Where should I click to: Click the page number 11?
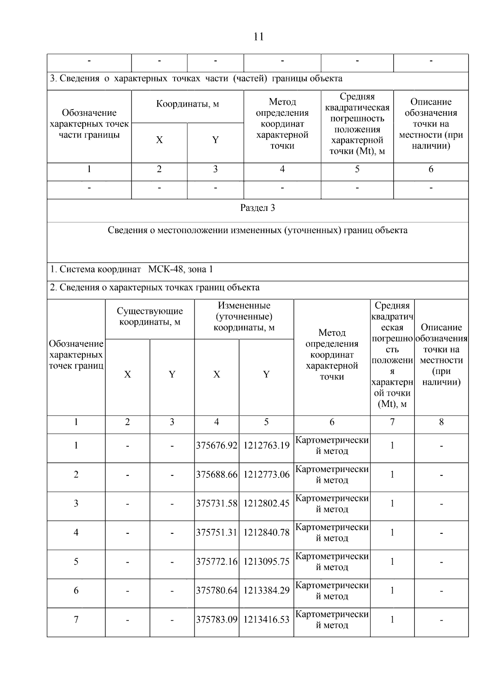pos(259,37)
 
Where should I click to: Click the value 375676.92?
pos(217,445)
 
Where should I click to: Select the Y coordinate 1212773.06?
pos(266,475)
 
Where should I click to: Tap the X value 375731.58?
pos(217,503)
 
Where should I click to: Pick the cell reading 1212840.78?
pos(266,532)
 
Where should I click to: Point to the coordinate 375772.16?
pos(217,561)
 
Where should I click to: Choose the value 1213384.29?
pos(266,590)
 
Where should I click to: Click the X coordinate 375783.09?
pos(217,619)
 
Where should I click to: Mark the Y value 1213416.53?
pos(266,619)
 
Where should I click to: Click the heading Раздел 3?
pos(258,208)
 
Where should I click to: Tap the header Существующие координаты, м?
pos(150,316)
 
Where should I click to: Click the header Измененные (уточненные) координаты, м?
pos(244,316)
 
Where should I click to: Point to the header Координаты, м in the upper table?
pos(187,104)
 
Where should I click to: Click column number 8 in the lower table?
pos(441,422)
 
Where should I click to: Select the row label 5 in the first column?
pos(76,561)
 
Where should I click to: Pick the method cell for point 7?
pos(332,620)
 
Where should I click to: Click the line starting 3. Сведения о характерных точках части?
pos(196,78)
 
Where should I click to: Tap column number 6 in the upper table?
pos(431,169)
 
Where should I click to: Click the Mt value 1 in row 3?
pos(392,503)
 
